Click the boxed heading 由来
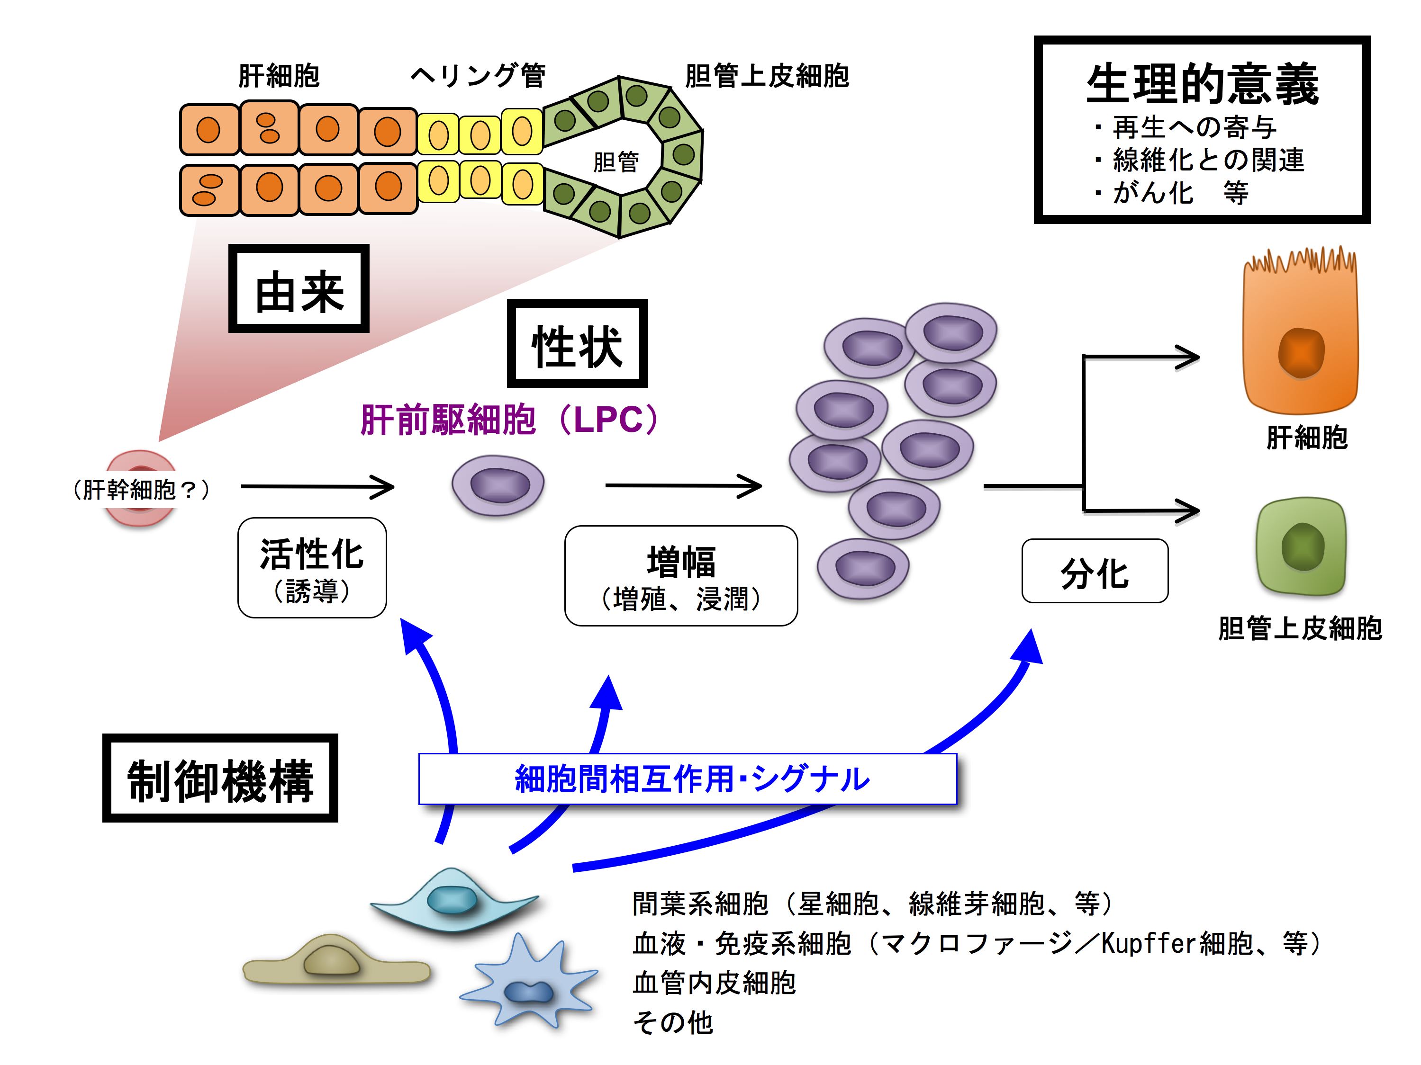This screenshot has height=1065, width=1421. click(299, 289)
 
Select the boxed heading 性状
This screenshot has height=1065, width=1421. click(577, 344)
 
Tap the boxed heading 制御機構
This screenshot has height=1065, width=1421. click(220, 779)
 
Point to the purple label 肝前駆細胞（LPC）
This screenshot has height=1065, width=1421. click(509, 420)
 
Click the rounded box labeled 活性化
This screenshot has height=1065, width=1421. click(312, 567)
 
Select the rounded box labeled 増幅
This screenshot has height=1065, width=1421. click(681, 576)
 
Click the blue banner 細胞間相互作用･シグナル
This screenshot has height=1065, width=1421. click(688, 779)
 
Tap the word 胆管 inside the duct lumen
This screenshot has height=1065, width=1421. click(615, 162)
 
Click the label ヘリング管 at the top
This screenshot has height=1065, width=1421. click(478, 76)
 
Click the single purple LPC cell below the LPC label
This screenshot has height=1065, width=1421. click(498, 485)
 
